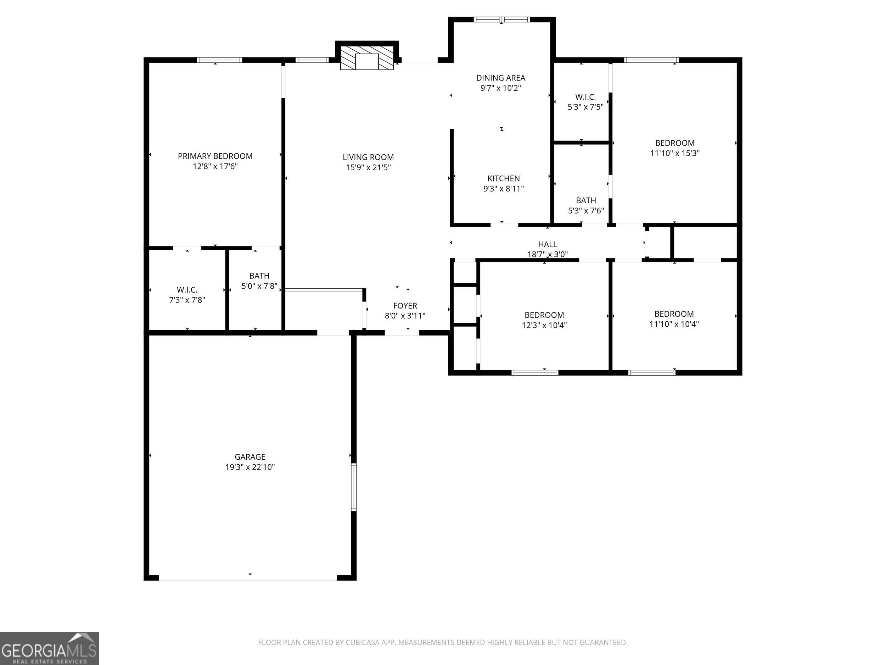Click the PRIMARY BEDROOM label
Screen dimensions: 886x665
pyautogui.click(x=215, y=156)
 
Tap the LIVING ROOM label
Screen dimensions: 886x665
pyautogui.click(x=368, y=157)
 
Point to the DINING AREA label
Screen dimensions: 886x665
pyautogui.click(x=501, y=78)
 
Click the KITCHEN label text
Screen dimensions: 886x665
pyautogui.click(x=504, y=178)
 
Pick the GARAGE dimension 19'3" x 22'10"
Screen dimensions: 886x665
pyautogui.click(x=250, y=467)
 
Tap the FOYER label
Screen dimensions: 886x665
pyautogui.click(x=405, y=305)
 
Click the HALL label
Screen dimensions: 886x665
pyautogui.click(x=548, y=244)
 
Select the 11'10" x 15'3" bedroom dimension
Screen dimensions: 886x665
pyautogui.click(x=675, y=153)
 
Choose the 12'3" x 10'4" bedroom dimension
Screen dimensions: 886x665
pyautogui.click(x=544, y=325)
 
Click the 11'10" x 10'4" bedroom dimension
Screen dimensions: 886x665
pyautogui.click(x=674, y=324)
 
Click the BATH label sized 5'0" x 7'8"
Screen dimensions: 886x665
pyautogui.click(x=259, y=276)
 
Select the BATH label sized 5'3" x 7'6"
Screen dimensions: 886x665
pyautogui.click(x=586, y=200)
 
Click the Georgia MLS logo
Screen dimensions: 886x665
pyautogui.click(x=49, y=648)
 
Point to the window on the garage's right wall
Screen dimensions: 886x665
pyautogui.click(x=354, y=487)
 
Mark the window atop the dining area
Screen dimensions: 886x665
pyautogui.click(x=501, y=19)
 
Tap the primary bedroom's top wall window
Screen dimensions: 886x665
pyautogui.click(x=219, y=60)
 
